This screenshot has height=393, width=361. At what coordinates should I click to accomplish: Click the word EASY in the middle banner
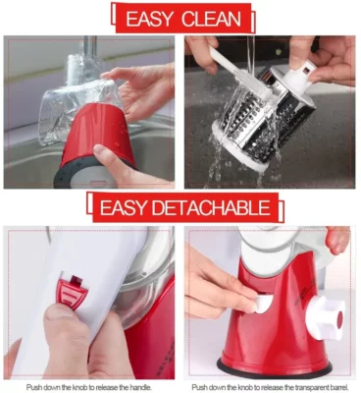click(x=119, y=207)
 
